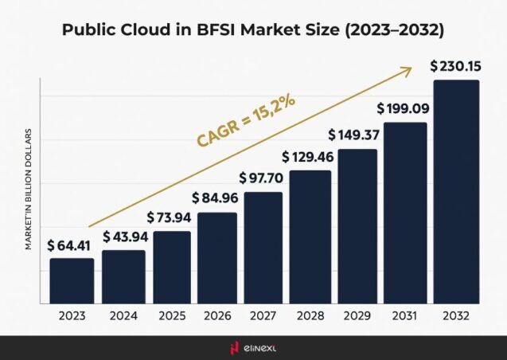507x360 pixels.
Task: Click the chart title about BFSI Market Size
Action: (x=253, y=31)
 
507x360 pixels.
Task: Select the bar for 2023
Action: (x=72, y=280)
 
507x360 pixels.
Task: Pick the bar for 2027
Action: (x=263, y=247)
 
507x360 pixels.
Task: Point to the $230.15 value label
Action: (x=455, y=65)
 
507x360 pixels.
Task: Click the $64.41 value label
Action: (x=71, y=245)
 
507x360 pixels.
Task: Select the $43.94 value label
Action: (x=123, y=237)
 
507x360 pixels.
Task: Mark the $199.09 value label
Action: (x=404, y=108)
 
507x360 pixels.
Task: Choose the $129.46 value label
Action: (x=310, y=156)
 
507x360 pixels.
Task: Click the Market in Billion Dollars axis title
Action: (x=28, y=189)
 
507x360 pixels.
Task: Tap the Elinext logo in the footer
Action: (x=253, y=347)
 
